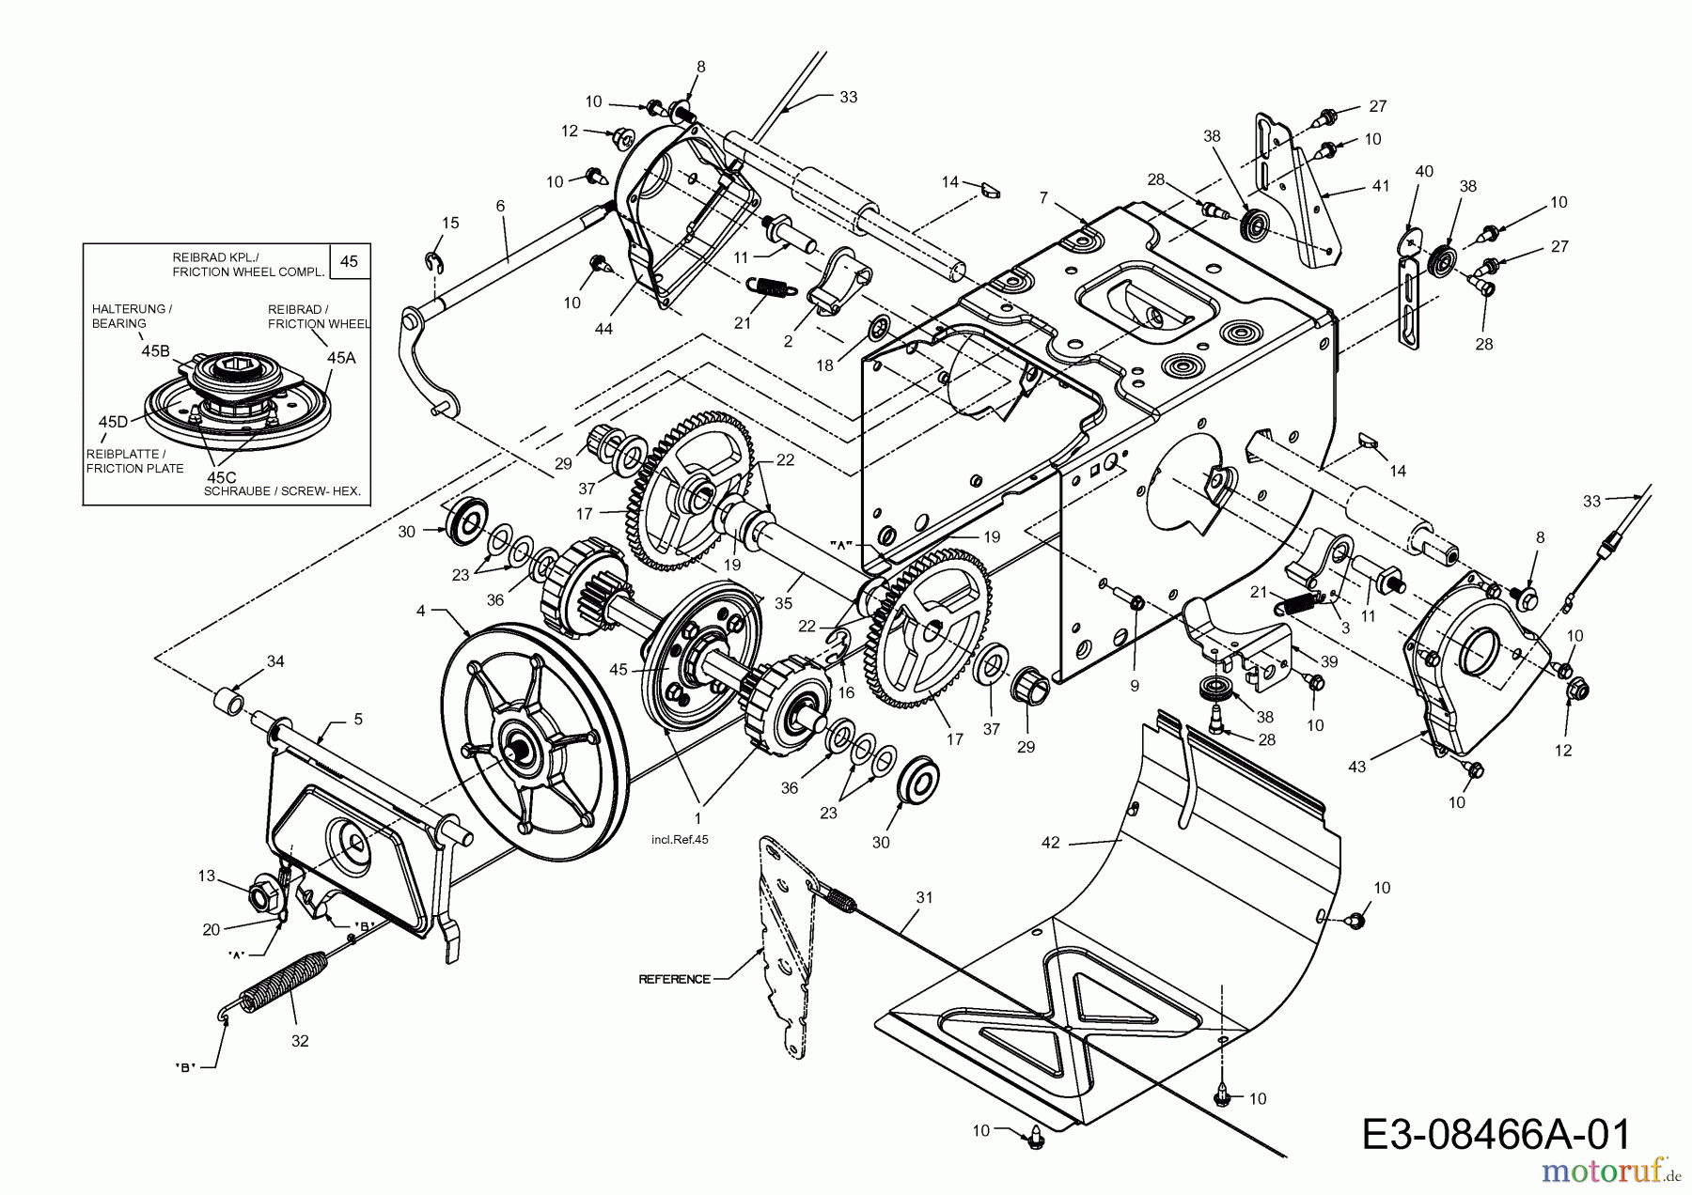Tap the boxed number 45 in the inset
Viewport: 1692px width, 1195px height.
click(349, 261)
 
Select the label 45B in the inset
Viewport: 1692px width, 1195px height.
click(155, 351)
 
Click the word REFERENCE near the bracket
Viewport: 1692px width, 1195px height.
click(674, 979)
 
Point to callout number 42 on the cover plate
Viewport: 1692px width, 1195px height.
click(1050, 843)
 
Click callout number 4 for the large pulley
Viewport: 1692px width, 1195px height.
click(421, 611)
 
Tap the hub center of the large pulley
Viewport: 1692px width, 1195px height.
click(516, 749)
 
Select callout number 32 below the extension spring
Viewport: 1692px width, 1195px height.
click(301, 1041)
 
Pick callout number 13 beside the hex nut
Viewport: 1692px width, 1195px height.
click(207, 877)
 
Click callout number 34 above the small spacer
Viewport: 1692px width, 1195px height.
click(274, 661)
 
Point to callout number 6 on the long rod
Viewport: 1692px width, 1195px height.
click(500, 206)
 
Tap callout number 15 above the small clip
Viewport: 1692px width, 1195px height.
click(451, 223)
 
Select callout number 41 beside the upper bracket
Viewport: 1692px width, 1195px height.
click(1380, 186)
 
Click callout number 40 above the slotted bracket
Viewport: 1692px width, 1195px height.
click(1424, 171)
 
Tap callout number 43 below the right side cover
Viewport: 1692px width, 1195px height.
click(1356, 768)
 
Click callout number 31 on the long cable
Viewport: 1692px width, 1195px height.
click(924, 897)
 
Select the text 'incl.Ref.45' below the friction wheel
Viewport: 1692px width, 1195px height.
click(679, 840)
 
